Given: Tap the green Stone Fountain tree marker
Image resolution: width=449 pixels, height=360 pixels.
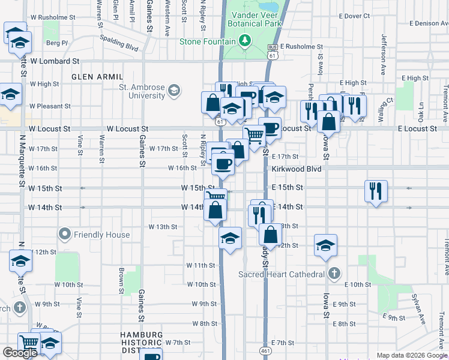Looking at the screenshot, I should point(244,41).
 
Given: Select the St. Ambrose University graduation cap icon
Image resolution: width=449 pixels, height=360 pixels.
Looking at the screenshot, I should point(173,91).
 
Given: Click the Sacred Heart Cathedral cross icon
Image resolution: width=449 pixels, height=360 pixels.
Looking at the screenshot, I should point(334,274).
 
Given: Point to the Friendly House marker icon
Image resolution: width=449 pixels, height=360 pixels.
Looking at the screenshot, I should point(65,235).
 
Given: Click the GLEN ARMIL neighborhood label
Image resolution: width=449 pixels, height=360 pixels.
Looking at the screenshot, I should point(97,77).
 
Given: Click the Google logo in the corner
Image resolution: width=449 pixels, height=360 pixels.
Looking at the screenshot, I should point(20,353).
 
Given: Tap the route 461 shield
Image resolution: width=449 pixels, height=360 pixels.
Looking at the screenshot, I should point(265,350).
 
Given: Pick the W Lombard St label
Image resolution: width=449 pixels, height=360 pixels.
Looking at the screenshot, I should point(55,61).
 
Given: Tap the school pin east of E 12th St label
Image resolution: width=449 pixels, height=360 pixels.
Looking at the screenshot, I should point(325,245).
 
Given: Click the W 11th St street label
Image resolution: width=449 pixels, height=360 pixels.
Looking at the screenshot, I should point(200,265).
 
